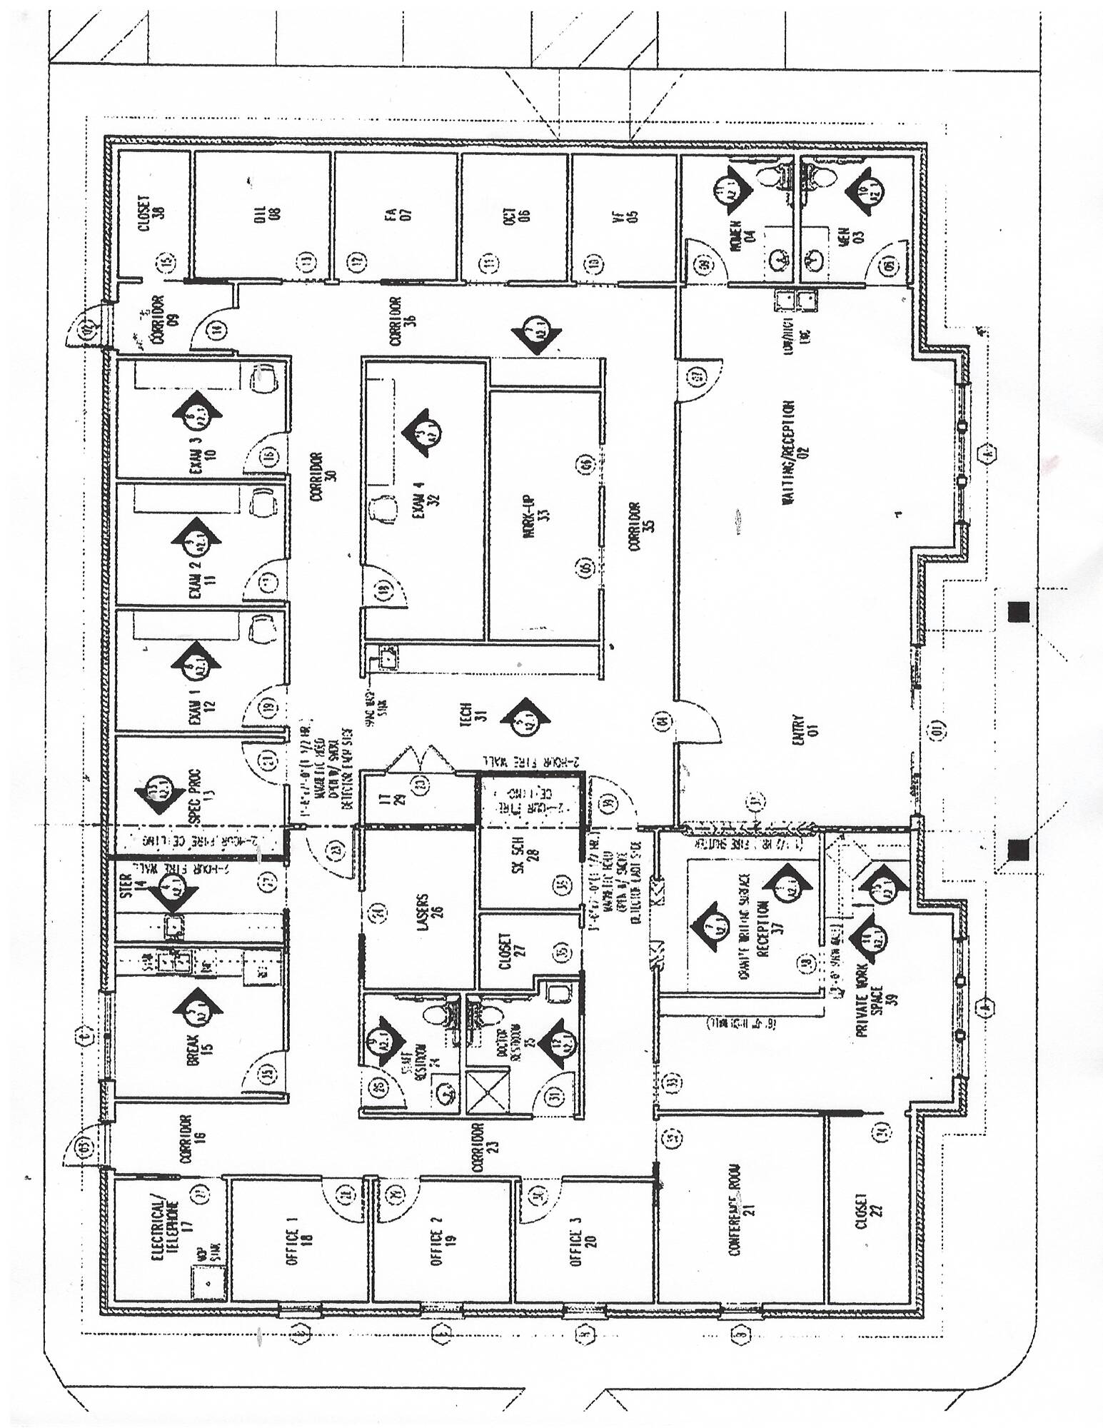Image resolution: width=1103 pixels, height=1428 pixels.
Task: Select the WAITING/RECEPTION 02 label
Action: pyautogui.click(x=795, y=452)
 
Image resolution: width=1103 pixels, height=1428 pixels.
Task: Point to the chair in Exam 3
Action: pyautogui.click(x=264, y=376)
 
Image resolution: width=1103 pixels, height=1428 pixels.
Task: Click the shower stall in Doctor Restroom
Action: pyautogui.click(x=485, y=1092)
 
